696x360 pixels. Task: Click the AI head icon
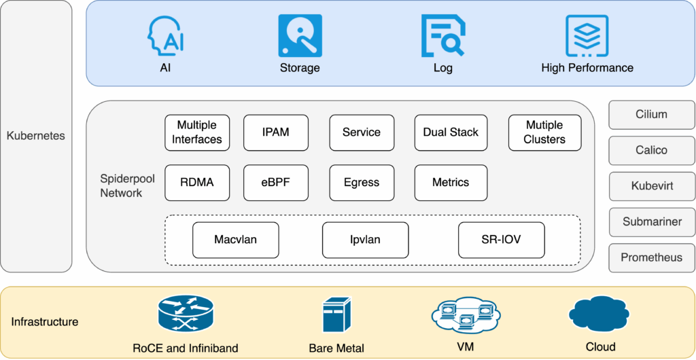click(x=165, y=36)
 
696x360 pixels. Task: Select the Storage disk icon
click(x=300, y=36)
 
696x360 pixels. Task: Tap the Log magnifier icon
click(x=442, y=36)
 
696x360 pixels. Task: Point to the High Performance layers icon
click(x=587, y=36)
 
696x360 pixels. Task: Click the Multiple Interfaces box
click(x=197, y=132)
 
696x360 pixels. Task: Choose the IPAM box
click(x=276, y=132)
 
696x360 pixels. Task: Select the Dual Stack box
click(x=451, y=132)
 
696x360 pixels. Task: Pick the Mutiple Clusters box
click(x=544, y=132)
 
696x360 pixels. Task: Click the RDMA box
click(x=197, y=182)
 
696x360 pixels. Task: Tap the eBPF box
click(x=276, y=182)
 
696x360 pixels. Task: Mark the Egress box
click(x=362, y=182)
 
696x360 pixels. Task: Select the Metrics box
click(x=451, y=182)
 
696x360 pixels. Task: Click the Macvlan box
click(x=236, y=240)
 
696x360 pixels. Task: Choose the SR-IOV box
click(x=501, y=240)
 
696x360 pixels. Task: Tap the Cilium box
click(x=651, y=115)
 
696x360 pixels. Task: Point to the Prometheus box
click(x=651, y=257)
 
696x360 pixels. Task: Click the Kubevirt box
click(x=651, y=186)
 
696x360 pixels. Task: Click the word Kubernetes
click(x=36, y=136)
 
